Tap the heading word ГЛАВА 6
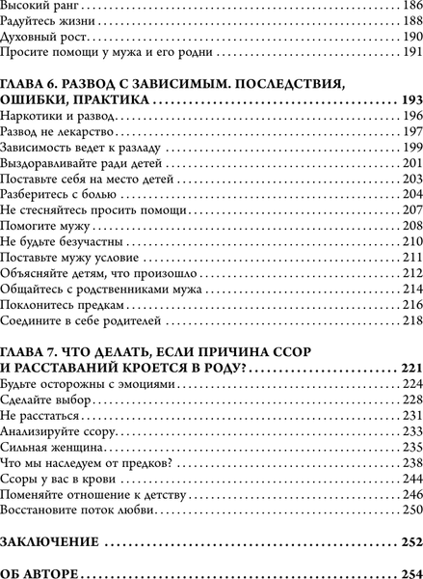(28, 84)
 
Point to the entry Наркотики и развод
(58, 116)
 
